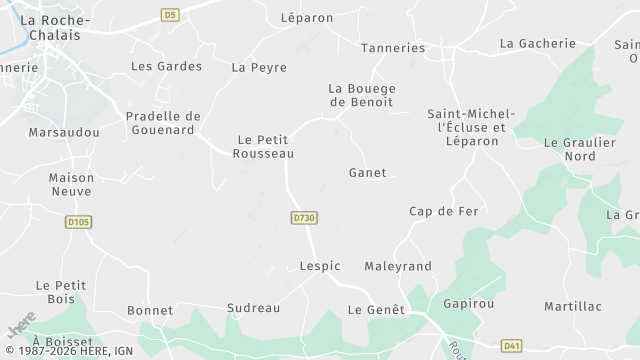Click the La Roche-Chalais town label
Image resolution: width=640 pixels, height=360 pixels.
point(55,27)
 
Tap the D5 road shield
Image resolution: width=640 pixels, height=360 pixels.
point(169,15)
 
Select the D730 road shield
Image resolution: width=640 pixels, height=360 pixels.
point(304,217)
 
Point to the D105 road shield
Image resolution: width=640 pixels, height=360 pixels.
point(78,221)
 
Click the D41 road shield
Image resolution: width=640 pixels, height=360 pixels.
point(511,345)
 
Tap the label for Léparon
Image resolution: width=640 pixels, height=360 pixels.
point(307,18)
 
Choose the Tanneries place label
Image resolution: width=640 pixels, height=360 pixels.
point(393,47)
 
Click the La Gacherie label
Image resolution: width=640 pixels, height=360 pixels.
point(538,43)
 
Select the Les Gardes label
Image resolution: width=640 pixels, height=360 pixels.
point(166,66)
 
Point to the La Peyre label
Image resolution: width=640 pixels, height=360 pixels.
point(259,67)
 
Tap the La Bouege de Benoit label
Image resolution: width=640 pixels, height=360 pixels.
point(361,95)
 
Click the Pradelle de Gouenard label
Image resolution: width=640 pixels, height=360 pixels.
point(163,123)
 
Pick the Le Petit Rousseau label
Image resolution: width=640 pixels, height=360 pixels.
point(263,146)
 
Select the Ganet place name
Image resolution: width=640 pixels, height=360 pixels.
point(367,173)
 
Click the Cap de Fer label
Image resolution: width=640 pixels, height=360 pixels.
point(444,211)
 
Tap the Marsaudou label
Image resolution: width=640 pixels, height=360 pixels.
point(64,132)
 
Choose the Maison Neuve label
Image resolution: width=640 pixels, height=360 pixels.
point(71,184)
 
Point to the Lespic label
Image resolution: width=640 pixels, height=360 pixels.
point(320,266)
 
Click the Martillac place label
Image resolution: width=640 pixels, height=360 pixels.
point(573,305)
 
